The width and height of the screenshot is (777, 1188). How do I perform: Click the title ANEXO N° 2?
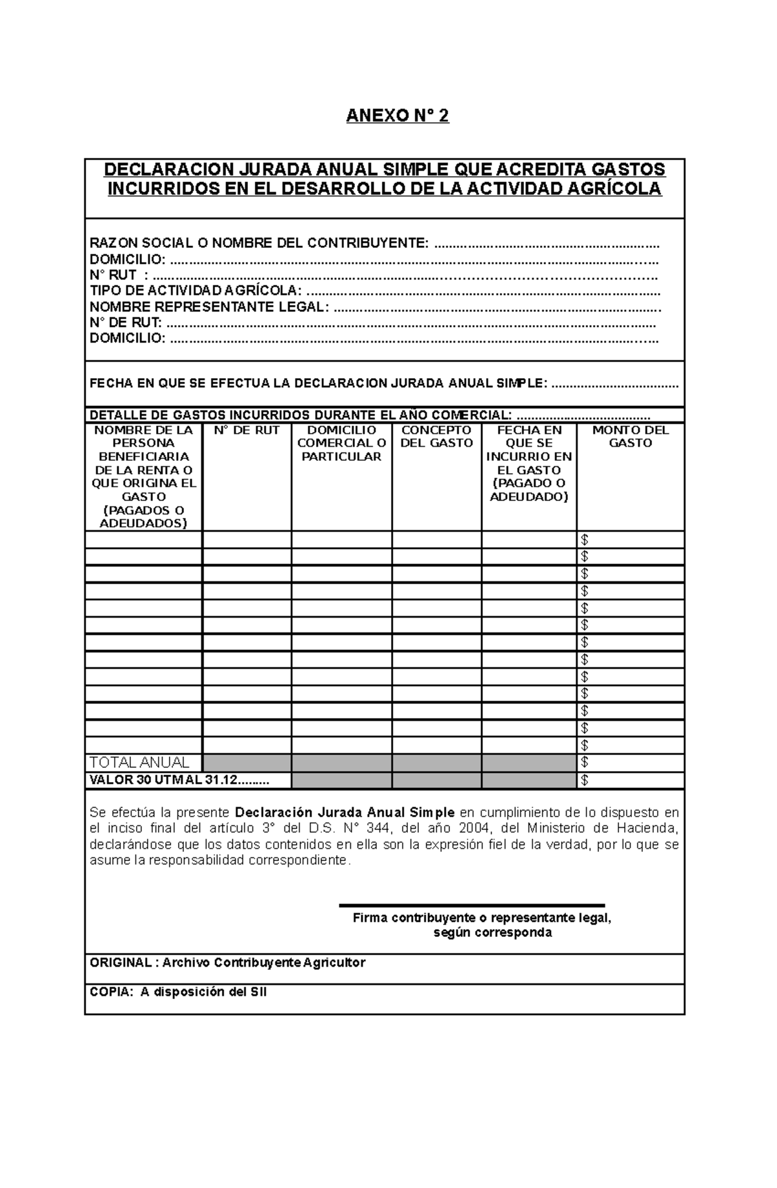397,117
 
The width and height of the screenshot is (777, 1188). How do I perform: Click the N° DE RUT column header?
247,431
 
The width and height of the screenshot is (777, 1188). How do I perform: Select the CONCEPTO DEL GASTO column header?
436,437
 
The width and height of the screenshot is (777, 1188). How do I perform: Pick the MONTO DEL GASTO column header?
630,437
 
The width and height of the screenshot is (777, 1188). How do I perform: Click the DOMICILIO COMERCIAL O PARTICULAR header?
341,443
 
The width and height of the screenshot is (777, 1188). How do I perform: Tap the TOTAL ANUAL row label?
139,763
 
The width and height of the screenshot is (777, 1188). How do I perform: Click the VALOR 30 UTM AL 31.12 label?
179,780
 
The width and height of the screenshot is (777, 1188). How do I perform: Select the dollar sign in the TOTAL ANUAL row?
585,763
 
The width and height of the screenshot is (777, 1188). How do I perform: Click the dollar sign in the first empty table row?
585,540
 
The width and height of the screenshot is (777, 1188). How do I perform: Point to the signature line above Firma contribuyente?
471,905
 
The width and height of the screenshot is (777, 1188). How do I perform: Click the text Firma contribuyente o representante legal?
482,918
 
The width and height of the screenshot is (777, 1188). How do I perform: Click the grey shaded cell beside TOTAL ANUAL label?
247,763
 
